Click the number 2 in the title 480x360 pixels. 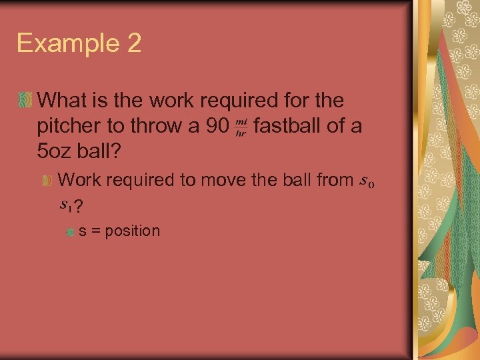pos(132,43)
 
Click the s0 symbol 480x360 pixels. pos(366,181)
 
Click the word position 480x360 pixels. pos(133,231)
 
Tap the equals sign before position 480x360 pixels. pos(95,232)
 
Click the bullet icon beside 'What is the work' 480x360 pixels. pos(25,101)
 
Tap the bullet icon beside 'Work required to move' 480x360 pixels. pos(47,180)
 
